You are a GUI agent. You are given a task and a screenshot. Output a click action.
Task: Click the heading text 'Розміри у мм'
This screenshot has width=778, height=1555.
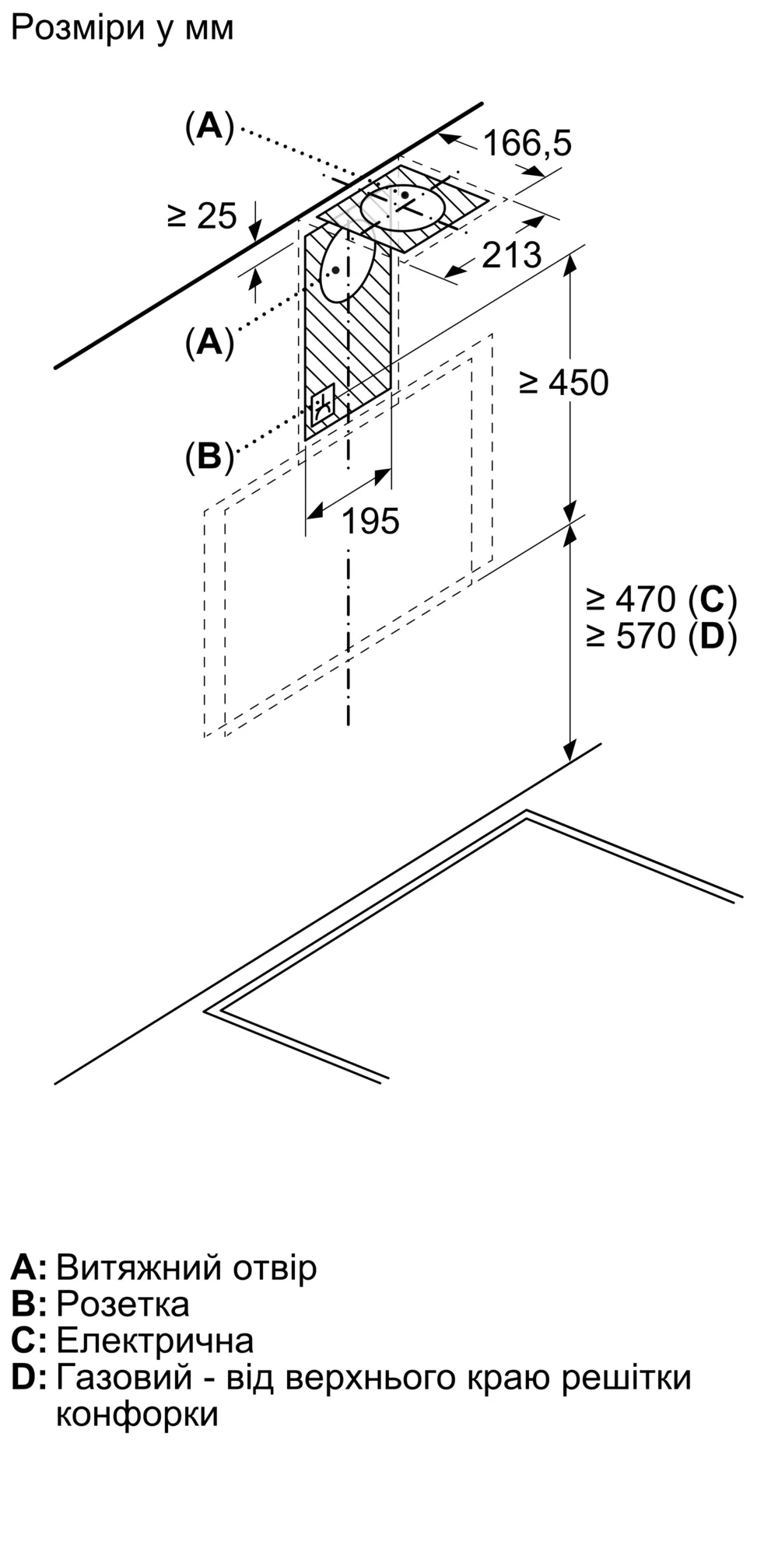[x=122, y=29]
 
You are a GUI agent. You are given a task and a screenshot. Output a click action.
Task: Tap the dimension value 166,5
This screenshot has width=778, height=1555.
[x=527, y=143]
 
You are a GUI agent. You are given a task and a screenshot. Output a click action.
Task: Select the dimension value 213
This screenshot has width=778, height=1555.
[x=511, y=255]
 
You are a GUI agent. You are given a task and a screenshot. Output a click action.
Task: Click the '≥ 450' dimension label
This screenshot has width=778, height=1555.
[x=564, y=383]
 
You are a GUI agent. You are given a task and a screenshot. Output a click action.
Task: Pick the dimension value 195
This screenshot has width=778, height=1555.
[x=370, y=521]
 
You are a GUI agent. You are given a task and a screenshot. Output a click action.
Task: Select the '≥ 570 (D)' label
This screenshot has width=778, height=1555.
[x=661, y=637]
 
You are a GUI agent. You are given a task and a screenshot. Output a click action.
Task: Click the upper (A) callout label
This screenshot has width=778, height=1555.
[x=209, y=126]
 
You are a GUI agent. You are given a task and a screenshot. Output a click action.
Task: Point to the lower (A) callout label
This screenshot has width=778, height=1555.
[x=209, y=341]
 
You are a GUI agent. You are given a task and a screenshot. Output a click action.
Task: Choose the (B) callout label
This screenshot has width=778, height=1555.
[x=209, y=456]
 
